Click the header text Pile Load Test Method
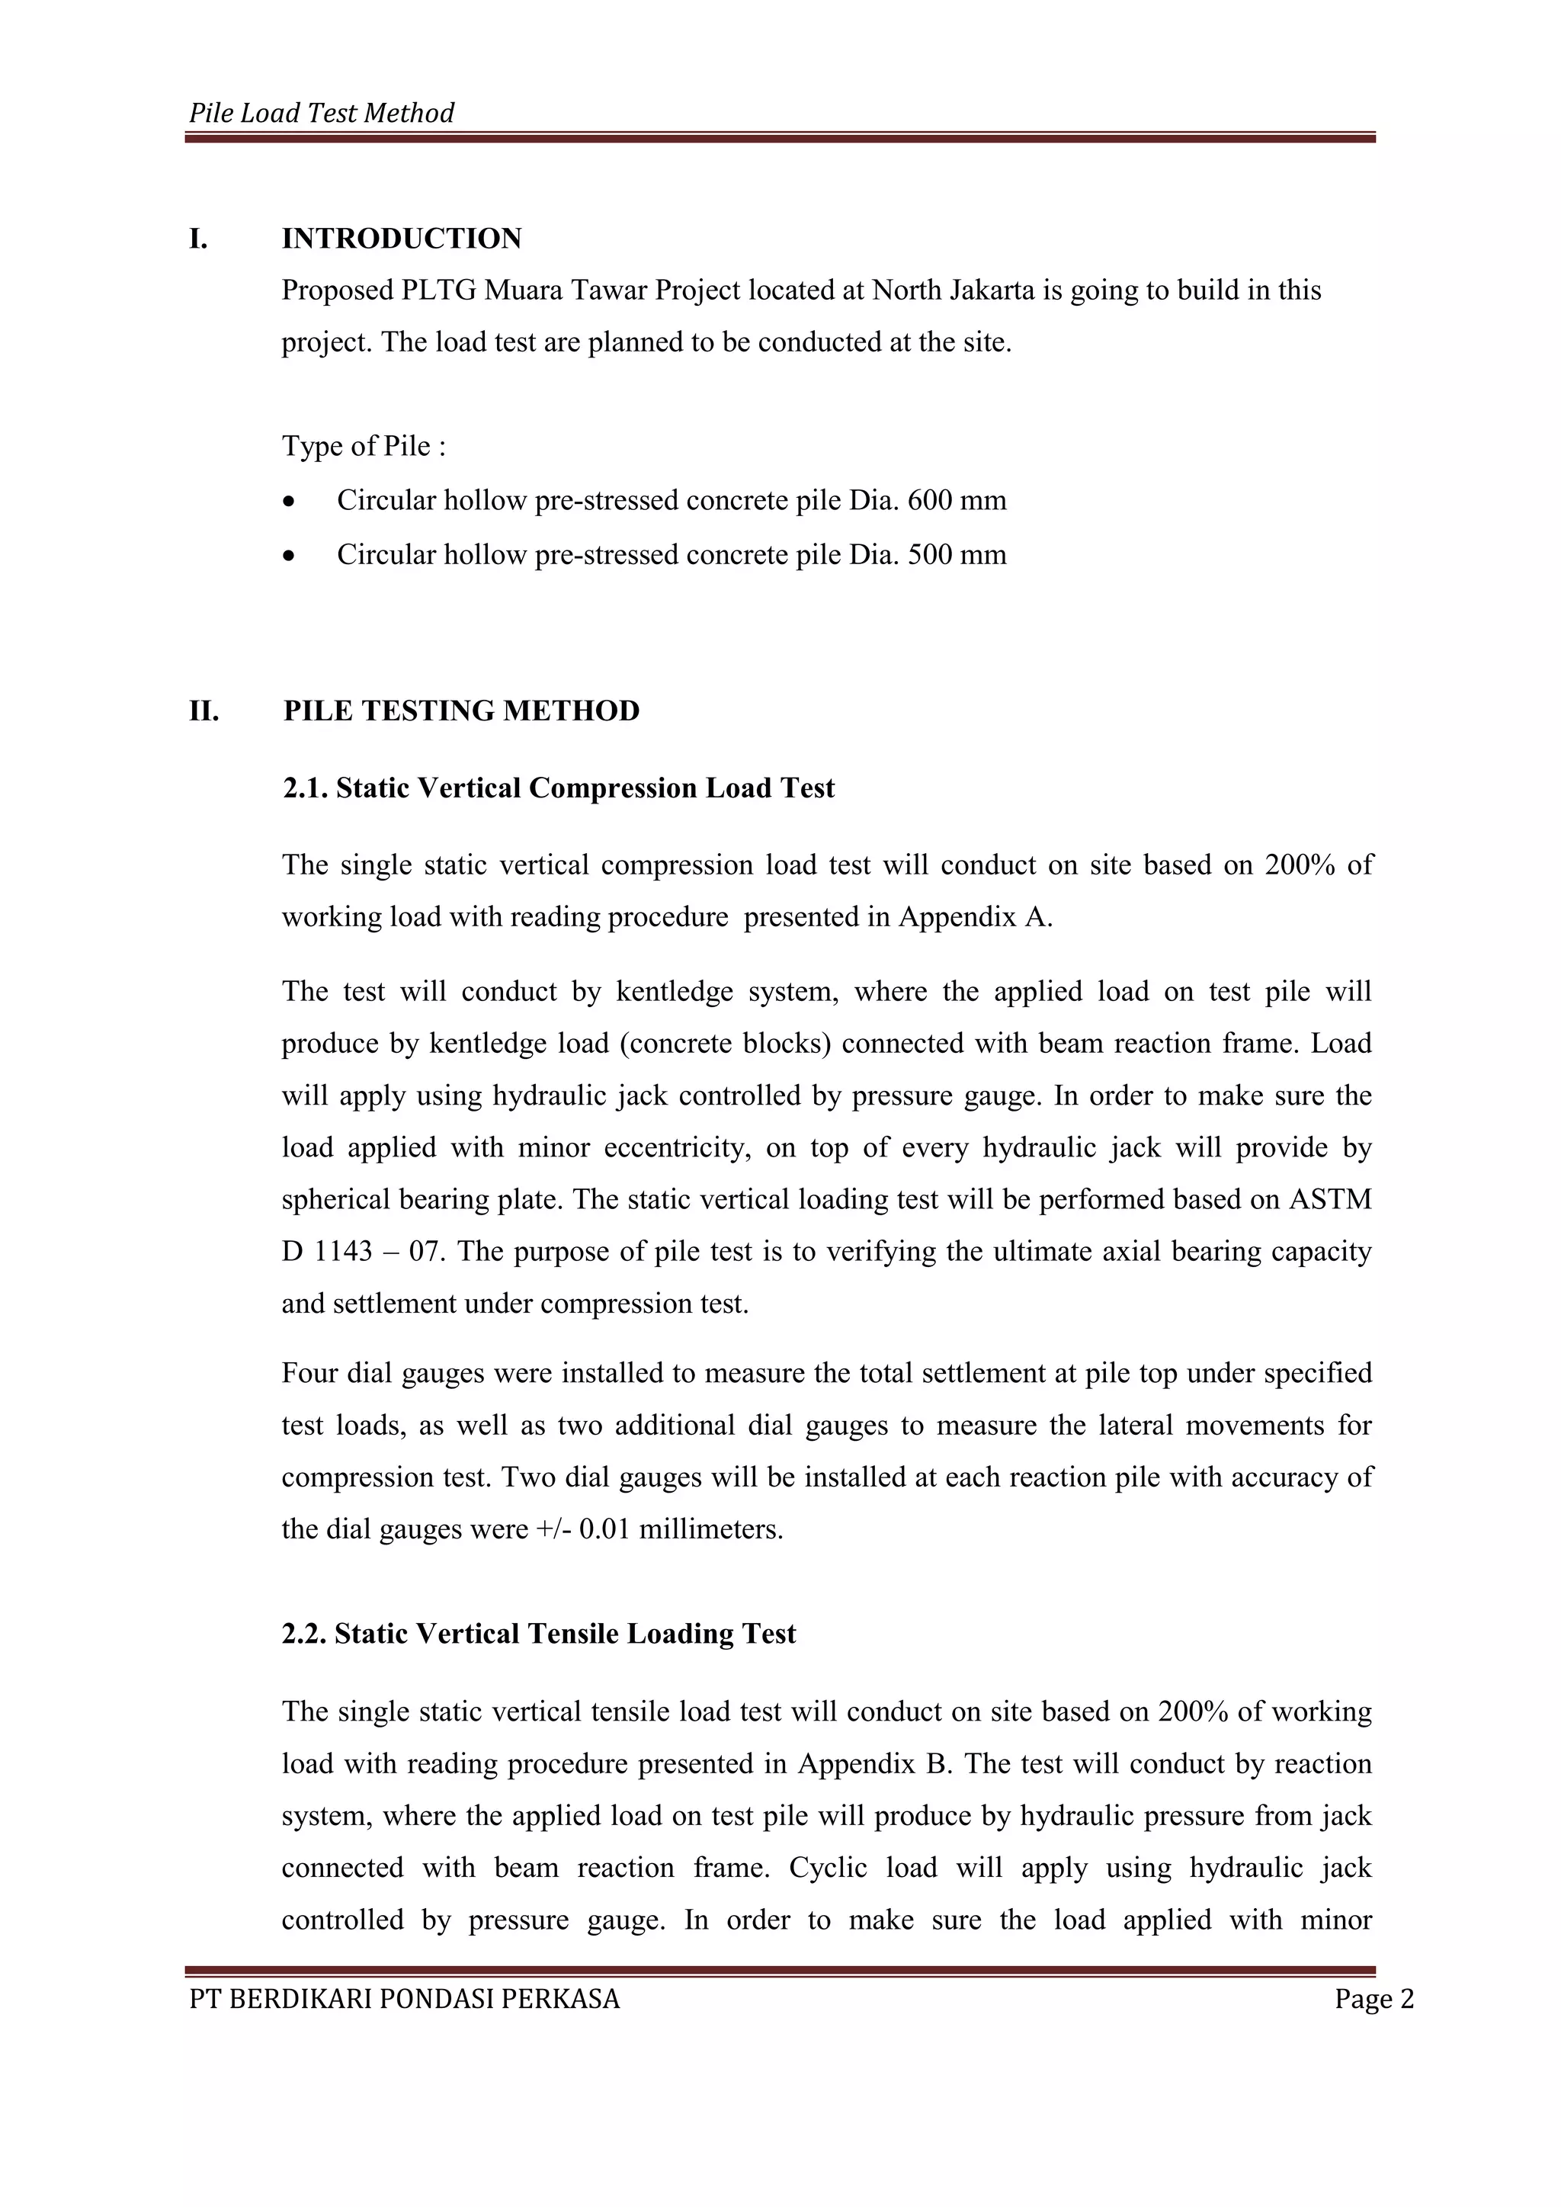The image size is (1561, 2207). [321, 114]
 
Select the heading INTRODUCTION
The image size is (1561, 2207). [401, 239]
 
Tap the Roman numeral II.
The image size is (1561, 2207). [203, 711]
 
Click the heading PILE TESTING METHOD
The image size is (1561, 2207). [461, 711]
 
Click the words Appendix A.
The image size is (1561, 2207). [975, 917]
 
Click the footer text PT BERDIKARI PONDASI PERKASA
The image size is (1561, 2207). [405, 2000]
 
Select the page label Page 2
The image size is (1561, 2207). [1373, 2000]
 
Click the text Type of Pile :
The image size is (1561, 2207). [364, 447]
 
